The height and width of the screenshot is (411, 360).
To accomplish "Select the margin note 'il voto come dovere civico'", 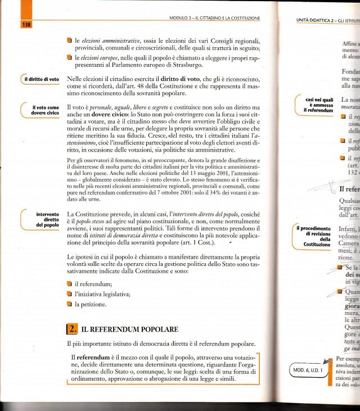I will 45,110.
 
